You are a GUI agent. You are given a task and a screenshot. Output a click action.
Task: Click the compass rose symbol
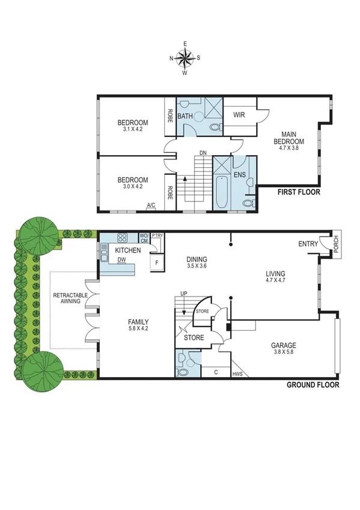(x=185, y=58)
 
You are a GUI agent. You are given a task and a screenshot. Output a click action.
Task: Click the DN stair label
(x=204, y=153)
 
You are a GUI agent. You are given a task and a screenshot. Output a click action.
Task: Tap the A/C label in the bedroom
(x=151, y=205)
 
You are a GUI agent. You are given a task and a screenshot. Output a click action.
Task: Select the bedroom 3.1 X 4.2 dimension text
(x=133, y=129)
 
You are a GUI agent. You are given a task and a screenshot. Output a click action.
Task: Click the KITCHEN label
(x=128, y=250)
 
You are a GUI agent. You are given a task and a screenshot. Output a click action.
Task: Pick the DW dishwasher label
(x=122, y=260)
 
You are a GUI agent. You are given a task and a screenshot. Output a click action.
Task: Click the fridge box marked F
(x=157, y=263)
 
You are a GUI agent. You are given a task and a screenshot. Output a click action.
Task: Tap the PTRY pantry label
(x=157, y=236)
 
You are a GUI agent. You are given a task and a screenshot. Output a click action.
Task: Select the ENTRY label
(x=308, y=244)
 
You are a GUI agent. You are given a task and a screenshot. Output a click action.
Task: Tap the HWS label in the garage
(x=238, y=374)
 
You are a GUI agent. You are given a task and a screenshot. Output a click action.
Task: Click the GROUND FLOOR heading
(x=312, y=385)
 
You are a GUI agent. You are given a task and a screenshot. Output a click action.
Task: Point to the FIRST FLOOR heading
(x=298, y=192)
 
